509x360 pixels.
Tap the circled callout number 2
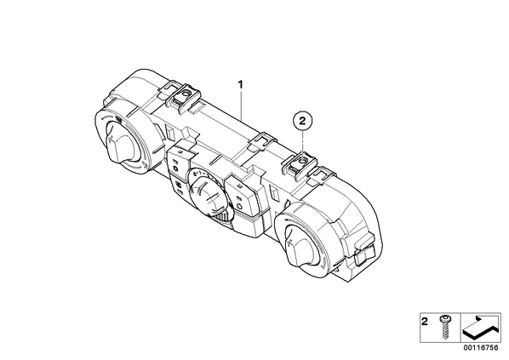(302, 121)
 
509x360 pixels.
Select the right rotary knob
(300, 245)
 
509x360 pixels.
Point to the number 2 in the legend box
(425, 322)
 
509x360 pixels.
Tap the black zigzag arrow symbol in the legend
(480, 328)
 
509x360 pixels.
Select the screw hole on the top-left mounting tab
(186, 94)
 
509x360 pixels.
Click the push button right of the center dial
(243, 196)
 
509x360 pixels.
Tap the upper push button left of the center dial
(178, 160)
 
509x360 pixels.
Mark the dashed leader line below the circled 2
(302, 144)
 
